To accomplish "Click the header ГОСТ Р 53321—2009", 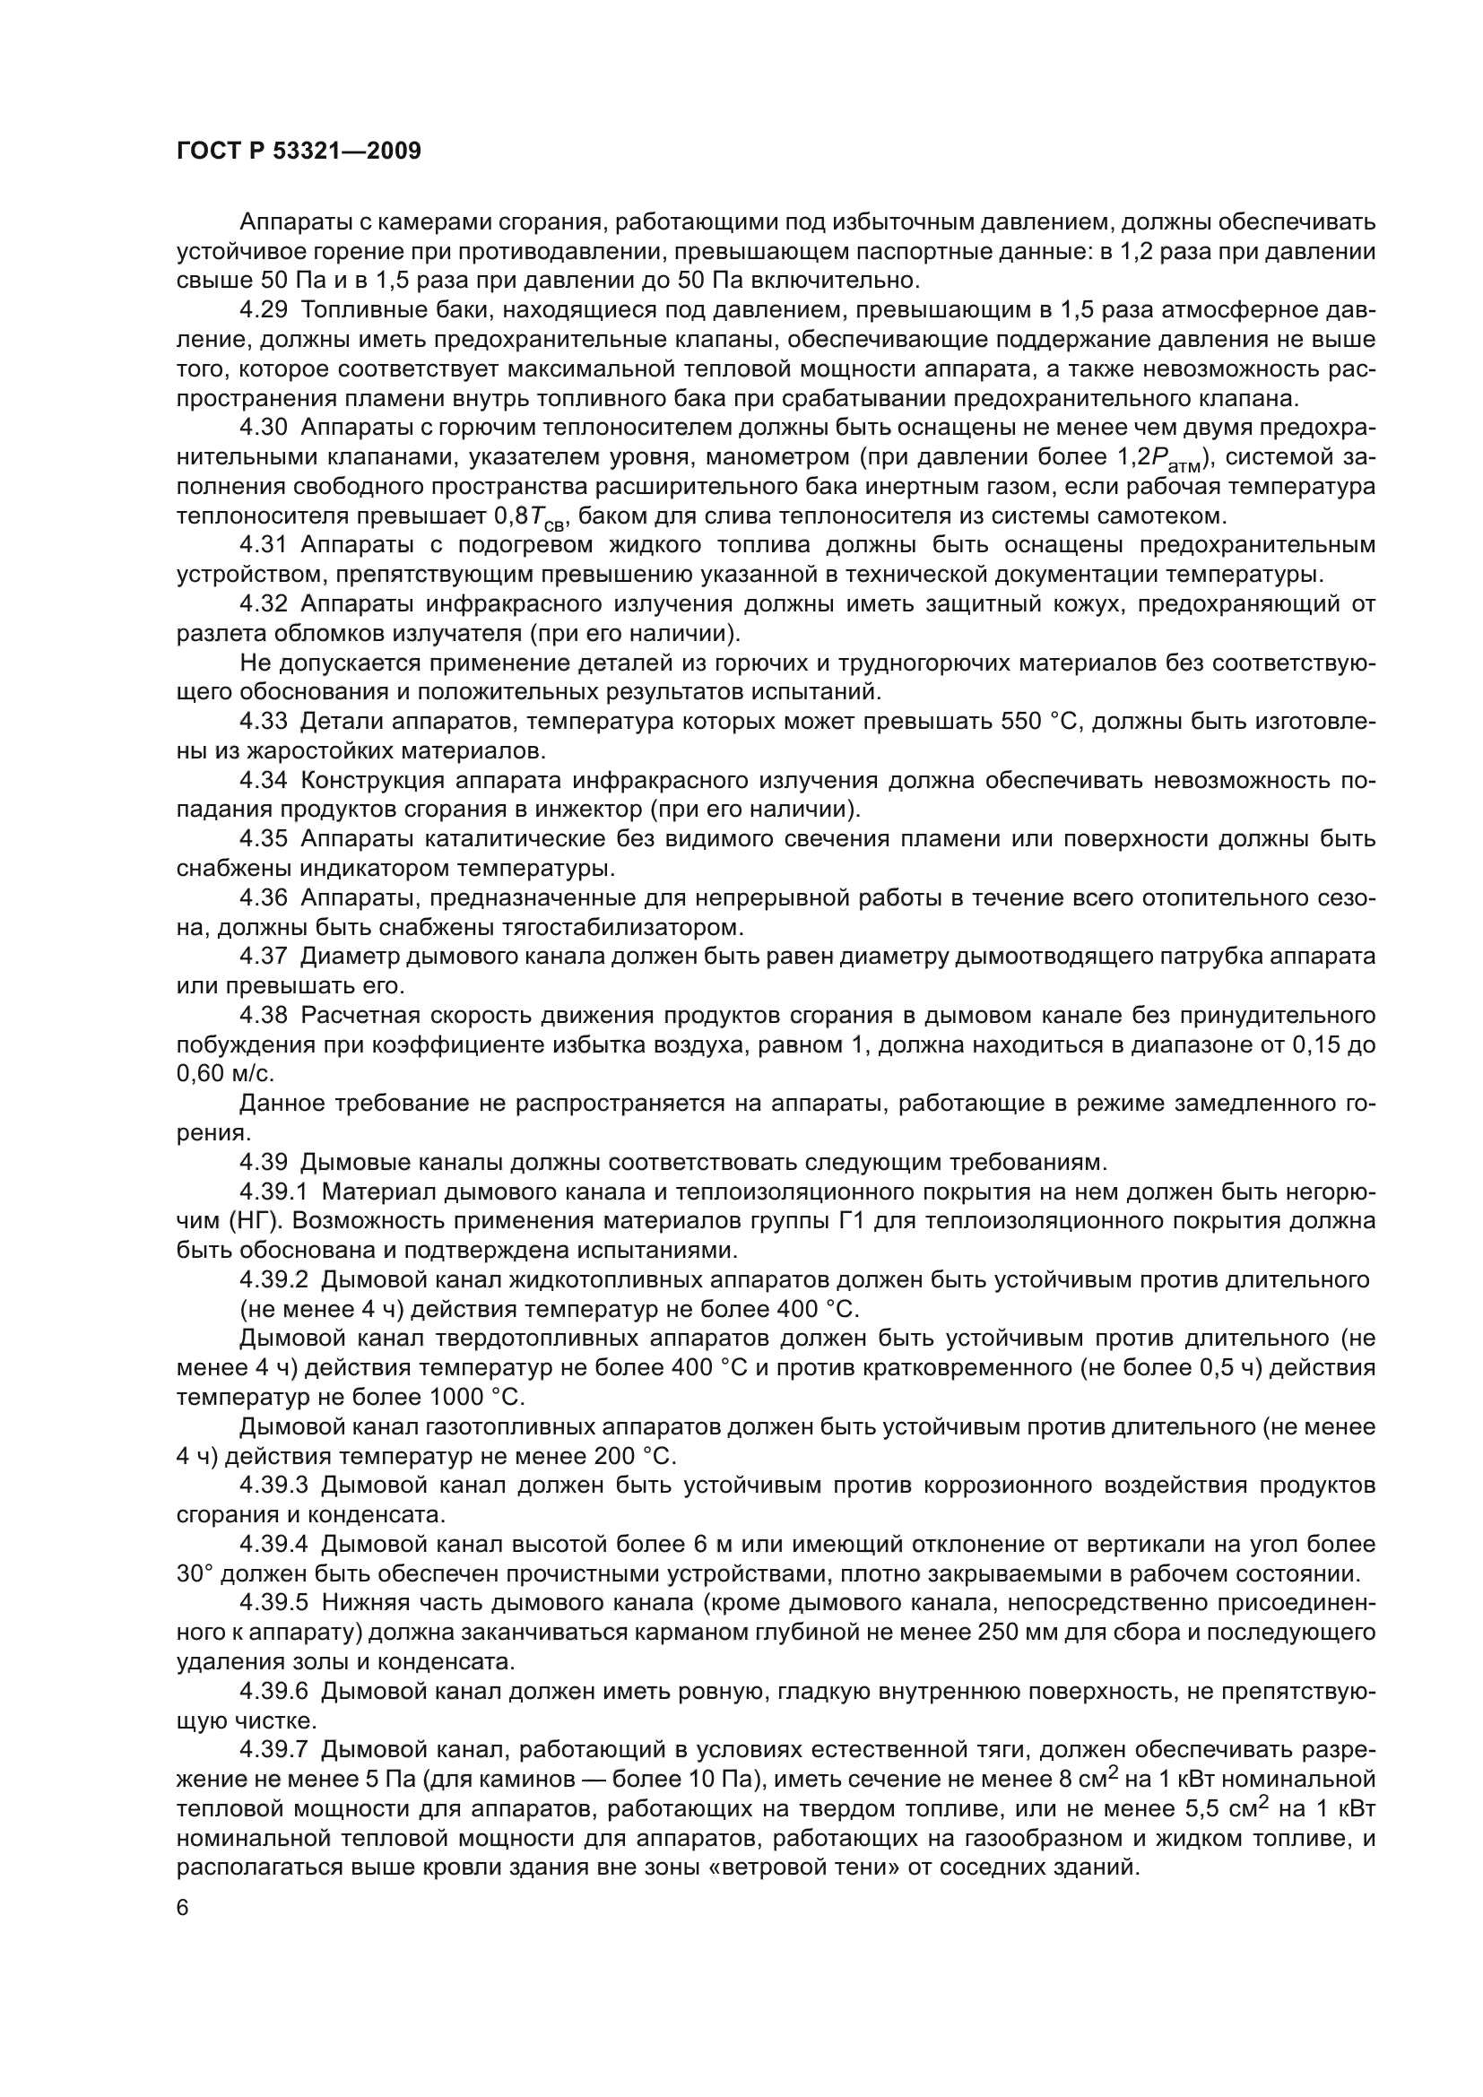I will (x=299, y=152).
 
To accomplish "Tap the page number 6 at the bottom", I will (x=183, y=1908).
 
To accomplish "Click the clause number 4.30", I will (x=263, y=428).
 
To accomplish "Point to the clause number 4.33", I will (x=263, y=722).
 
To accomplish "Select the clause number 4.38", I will (x=263, y=1016).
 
